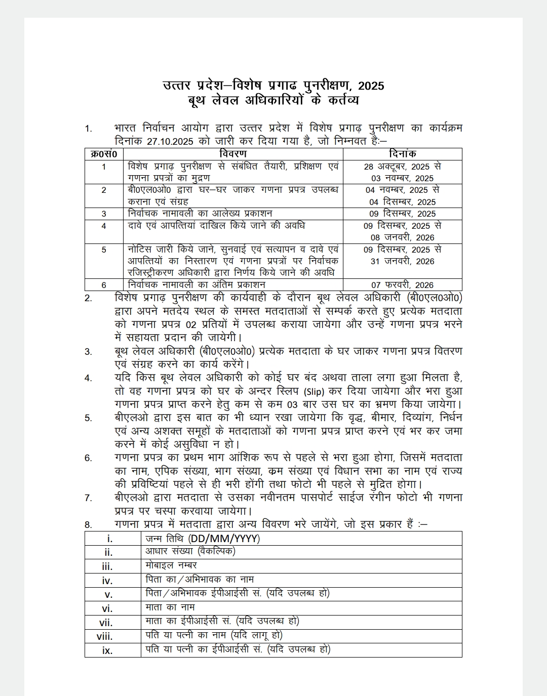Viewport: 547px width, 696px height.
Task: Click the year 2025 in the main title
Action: [370, 86]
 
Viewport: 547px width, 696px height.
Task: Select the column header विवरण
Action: [233, 154]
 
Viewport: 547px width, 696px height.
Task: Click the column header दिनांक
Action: [402, 154]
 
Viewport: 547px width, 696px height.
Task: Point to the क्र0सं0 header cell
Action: [104, 154]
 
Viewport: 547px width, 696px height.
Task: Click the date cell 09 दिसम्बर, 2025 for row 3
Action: [402, 214]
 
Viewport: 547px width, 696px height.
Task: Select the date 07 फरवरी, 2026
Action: [402, 285]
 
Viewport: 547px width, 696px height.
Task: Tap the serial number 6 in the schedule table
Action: [104, 285]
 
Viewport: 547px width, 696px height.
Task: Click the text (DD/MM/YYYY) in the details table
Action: [223, 538]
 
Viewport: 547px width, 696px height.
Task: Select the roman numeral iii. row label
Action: [107, 566]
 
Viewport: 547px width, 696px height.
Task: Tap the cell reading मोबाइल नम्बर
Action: [171, 565]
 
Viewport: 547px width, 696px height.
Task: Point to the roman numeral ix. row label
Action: [107, 650]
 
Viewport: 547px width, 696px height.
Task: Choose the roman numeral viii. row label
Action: [105, 636]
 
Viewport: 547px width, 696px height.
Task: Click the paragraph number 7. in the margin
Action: [88, 498]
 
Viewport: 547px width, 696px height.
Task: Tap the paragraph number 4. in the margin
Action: [88, 378]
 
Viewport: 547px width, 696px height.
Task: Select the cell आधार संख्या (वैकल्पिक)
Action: [190, 552]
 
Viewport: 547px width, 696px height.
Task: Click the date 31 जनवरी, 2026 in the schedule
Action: [402, 261]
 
